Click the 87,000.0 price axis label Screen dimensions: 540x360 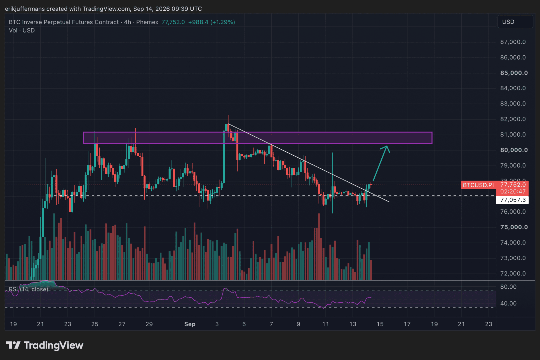[x=513, y=42]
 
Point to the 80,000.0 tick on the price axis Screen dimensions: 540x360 [x=514, y=150]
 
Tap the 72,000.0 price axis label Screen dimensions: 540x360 [x=513, y=273]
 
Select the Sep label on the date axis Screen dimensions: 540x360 [x=190, y=324]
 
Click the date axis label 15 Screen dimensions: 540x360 [x=380, y=324]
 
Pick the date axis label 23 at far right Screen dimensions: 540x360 [x=489, y=324]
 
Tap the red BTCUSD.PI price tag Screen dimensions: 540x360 [x=478, y=185]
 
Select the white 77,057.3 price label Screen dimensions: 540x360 [x=513, y=200]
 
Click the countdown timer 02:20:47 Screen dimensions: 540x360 [x=513, y=192]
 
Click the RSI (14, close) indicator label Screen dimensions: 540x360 [x=29, y=289]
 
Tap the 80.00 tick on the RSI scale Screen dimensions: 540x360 [x=508, y=287]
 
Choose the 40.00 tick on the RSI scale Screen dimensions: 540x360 [x=508, y=303]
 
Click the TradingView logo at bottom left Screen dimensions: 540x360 [x=44, y=345]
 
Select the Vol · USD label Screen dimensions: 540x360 [x=22, y=31]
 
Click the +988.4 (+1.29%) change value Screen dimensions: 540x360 [x=212, y=22]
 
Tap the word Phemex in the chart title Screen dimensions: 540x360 [x=147, y=22]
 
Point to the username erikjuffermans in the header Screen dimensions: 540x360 [x=25, y=9]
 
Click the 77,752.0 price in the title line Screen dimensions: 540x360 [x=173, y=22]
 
